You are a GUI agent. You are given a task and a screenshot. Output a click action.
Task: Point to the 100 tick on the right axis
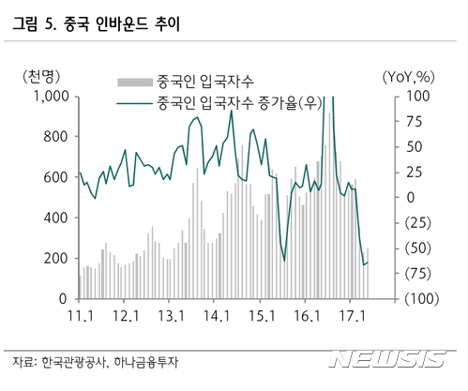pyautogui.click(x=394, y=96)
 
